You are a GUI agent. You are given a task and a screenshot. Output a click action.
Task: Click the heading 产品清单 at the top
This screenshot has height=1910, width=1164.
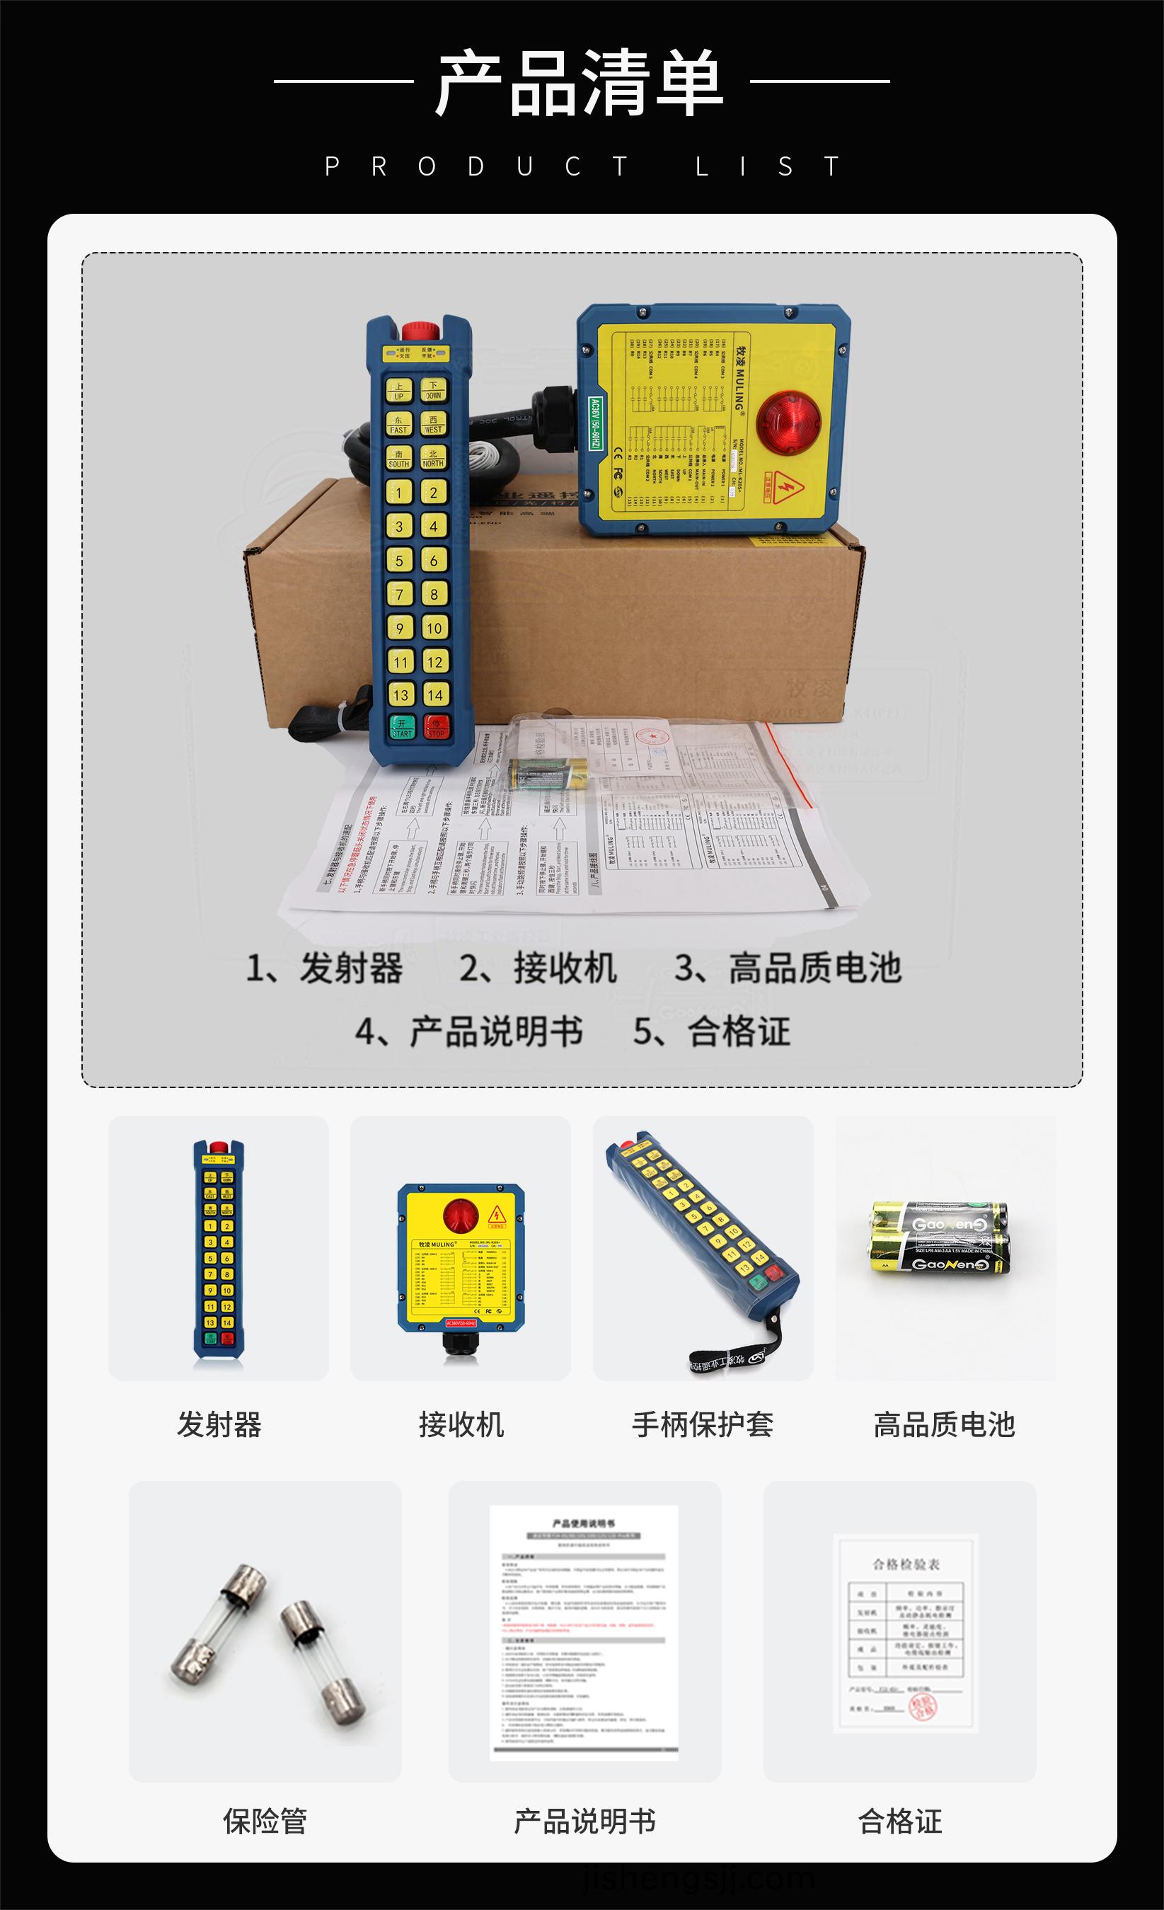580,83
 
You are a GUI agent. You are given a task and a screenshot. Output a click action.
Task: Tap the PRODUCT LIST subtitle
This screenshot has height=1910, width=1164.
582,166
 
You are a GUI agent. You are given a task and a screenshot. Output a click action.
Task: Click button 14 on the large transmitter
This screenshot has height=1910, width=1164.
434,694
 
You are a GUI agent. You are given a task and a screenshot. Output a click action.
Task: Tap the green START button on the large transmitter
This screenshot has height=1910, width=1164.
401,727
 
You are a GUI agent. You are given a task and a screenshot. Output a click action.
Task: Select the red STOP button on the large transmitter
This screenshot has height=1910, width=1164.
437,727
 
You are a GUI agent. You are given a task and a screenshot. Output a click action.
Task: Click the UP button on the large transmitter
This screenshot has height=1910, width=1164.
399,391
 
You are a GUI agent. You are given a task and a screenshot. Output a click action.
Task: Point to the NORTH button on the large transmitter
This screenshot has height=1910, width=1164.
433,457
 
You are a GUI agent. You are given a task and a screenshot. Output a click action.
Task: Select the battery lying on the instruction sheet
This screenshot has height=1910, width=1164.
548,774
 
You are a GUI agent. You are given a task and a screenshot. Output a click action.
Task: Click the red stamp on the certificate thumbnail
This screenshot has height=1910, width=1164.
921,1706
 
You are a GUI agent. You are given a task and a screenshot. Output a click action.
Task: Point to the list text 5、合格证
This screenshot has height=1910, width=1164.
711,1031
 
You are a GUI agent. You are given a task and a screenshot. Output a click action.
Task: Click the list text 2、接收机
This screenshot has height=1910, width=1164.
538,968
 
